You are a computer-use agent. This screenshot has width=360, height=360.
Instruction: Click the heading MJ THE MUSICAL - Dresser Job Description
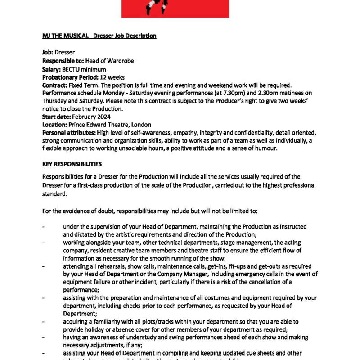[99, 36]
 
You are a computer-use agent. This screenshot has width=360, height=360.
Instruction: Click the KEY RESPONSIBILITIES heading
[72, 164]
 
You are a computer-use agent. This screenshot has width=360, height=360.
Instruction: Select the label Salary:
[51, 69]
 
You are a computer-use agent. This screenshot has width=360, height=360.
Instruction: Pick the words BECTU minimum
[84, 69]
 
